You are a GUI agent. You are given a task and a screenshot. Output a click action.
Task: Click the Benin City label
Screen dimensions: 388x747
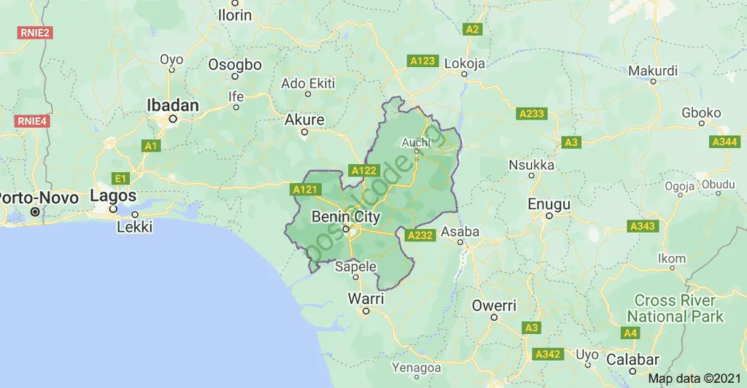[x=346, y=217]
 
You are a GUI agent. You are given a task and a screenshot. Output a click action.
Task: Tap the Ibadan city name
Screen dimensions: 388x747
[x=173, y=106]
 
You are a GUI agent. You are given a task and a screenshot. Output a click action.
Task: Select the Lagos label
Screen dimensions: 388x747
[x=113, y=196]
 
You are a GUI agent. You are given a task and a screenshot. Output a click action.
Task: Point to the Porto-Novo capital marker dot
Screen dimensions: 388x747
[x=35, y=212]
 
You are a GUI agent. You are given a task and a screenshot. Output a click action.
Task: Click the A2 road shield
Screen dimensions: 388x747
[x=473, y=29]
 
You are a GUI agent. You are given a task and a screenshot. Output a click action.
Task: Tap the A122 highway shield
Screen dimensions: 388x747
[x=364, y=171]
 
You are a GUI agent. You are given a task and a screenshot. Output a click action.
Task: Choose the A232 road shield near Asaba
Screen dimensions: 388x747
[x=421, y=235]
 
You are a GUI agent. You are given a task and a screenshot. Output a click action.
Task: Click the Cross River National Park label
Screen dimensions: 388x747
[x=675, y=309]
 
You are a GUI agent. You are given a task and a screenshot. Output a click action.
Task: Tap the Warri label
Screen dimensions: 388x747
[x=365, y=298]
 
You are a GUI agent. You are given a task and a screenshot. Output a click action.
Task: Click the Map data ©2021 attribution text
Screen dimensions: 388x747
[x=695, y=379]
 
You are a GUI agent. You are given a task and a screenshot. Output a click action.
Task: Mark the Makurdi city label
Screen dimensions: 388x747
[x=653, y=71]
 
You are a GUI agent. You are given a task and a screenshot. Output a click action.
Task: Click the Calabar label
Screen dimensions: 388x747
[x=632, y=360]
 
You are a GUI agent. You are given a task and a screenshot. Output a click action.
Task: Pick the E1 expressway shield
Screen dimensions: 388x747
[x=120, y=178]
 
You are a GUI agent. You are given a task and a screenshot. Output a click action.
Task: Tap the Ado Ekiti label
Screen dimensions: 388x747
[x=308, y=83]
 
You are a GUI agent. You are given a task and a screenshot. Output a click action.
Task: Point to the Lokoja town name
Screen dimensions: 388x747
[x=465, y=63]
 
